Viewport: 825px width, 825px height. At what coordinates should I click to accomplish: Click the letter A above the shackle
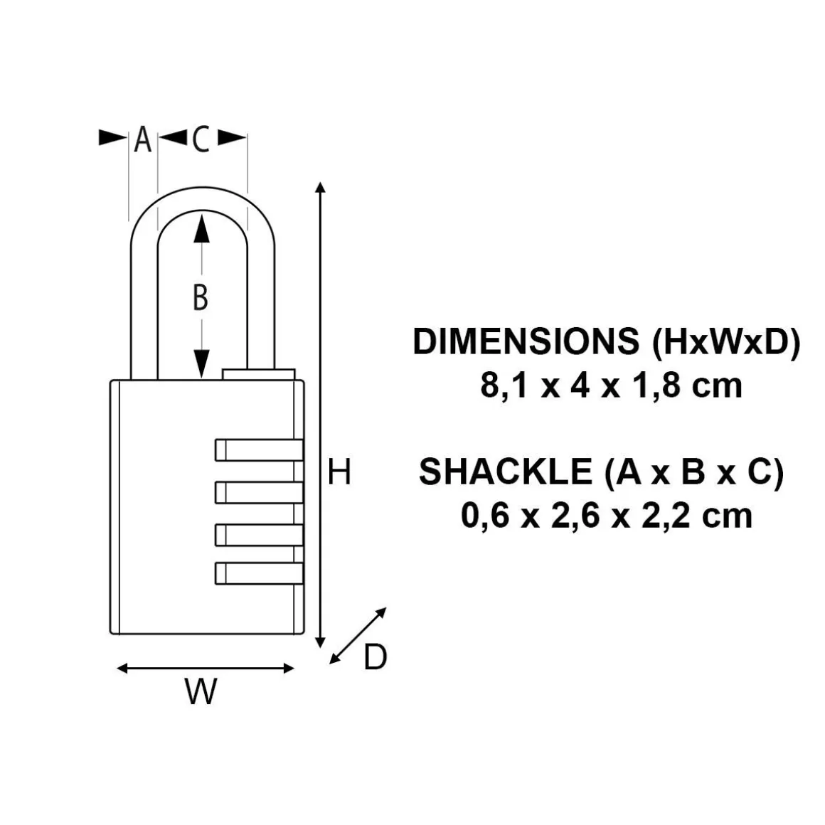click(x=142, y=139)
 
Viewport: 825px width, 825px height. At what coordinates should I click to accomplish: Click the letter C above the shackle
click(x=201, y=139)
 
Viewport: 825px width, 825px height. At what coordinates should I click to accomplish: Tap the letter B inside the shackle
click(x=201, y=297)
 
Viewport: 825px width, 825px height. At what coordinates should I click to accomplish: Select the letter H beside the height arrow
click(x=339, y=472)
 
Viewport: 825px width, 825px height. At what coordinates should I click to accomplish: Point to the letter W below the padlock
click(x=201, y=691)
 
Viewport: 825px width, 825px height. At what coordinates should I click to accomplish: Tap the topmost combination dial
click(x=259, y=450)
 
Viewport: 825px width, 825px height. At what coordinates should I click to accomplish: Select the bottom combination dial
click(x=259, y=573)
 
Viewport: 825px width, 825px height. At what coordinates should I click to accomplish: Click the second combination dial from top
click(x=259, y=492)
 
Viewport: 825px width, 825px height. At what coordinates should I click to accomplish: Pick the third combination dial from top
click(x=259, y=535)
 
